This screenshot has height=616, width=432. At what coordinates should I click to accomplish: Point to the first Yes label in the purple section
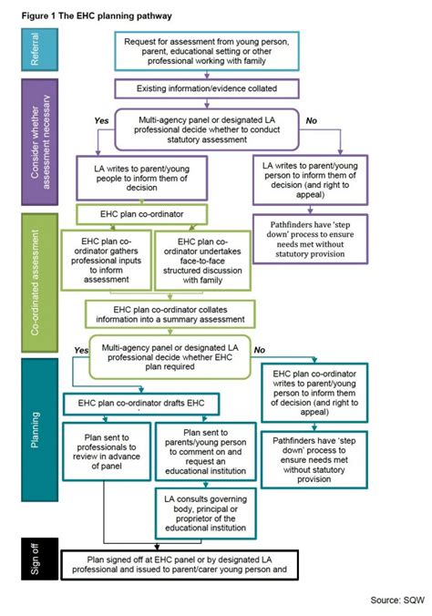pyautogui.click(x=102, y=119)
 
